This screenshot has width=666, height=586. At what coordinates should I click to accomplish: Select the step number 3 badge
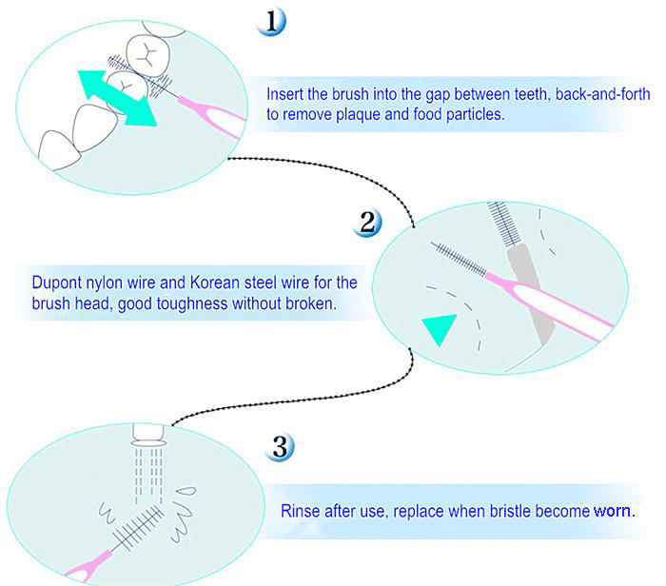tap(282, 446)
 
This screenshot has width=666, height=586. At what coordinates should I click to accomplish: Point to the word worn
tap(612, 510)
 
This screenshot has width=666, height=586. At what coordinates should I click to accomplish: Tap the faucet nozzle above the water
tap(148, 436)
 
